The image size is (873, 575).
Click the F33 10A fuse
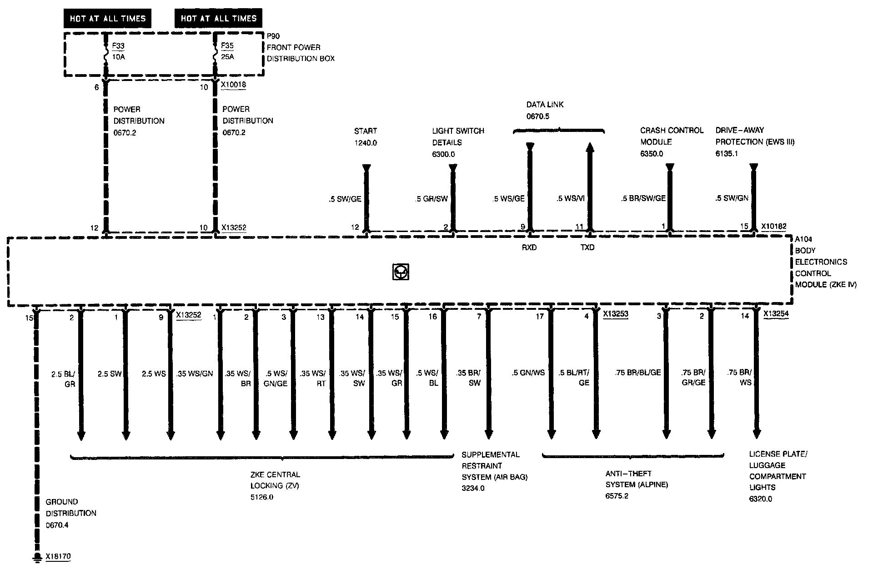click(x=106, y=55)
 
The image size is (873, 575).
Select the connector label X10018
click(x=233, y=85)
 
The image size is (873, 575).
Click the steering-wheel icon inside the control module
click(x=400, y=272)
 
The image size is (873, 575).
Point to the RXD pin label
click(x=529, y=247)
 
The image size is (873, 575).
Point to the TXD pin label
click(x=587, y=247)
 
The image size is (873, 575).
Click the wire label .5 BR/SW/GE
click(x=643, y=198)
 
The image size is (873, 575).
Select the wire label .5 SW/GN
click(x=732, y=198)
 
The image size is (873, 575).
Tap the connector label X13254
click(x=776, y=313)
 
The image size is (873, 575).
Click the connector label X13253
click(x=616, y=313)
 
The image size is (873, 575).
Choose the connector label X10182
click(x=773, y=226)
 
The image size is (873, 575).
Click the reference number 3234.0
click(x=473, y=489)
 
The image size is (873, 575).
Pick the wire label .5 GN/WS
click(x=528, y=373)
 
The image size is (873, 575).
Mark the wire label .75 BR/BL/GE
click(x=637, y=373)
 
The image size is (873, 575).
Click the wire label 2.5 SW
click(x=110, y=373)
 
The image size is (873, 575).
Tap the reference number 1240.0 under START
click(x=366, y=143)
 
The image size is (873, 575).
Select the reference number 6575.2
click(x=617, y=496)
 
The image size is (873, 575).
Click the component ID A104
click(x=803, y=239)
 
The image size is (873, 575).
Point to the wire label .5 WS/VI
click(x=570, y=198)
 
